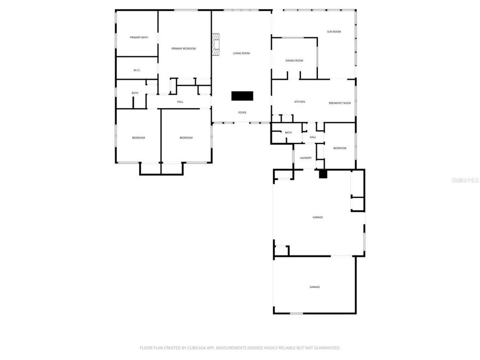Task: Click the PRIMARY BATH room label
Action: (x=139, y=37)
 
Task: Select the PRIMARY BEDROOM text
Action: (x=183, y=49)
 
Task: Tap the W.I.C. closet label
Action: (x=137, y=70)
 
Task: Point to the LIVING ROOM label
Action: (x=241, y=53)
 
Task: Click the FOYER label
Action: (x=242, y=113)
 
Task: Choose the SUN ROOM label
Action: (x=334, y=32)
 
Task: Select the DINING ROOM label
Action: (x=294, y=61)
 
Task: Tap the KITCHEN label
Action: (x=300, y=102)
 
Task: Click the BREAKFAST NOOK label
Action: (x=340, y=102)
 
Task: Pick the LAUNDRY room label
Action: (x=306, y=158)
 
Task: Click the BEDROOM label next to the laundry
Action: (x=340, y=148)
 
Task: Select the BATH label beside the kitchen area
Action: (x=289, y=133)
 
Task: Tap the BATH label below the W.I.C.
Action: (x=135, y=93)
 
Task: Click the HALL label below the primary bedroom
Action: (x=180, y=102)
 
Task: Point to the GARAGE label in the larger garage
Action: (x=317, y=217)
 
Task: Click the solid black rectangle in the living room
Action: (x=242, y=96)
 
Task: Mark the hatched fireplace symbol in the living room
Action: (x=215, y=45)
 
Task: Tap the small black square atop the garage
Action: (x=322, y=173)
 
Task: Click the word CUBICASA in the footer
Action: (x=193, y=348)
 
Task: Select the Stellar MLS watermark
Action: (x=465, y=180)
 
